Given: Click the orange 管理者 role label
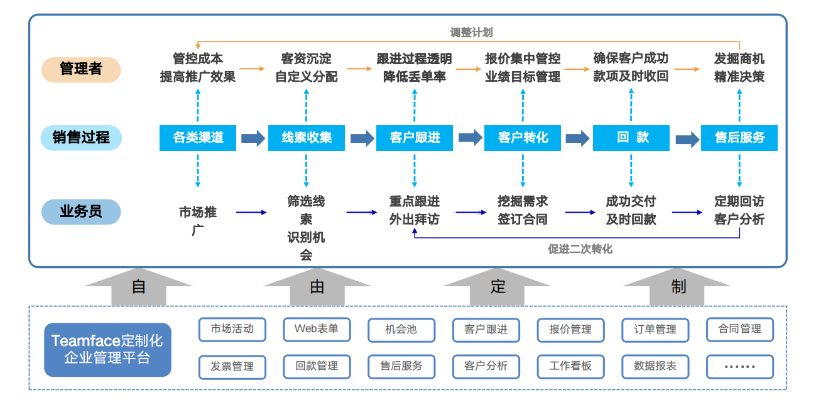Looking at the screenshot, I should [80, 69].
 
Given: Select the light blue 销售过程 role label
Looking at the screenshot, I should [80, 138].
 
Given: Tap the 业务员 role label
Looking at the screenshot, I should [80, 211].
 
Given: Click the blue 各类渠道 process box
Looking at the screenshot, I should [198, 138].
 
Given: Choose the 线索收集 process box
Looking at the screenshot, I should [306, 138].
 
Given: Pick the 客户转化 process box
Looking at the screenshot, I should [523, 138].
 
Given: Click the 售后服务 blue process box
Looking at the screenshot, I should [739, 138].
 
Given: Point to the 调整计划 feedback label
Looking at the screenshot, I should [471, 32].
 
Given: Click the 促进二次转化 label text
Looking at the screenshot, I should [579, 249].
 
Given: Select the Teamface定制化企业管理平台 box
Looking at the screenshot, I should [107, 350].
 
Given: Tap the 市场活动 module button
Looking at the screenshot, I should [232, 329].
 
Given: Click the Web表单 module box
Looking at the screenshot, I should [317, 329].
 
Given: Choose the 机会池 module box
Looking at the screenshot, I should [401, 329].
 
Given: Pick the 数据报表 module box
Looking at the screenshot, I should [655, 366].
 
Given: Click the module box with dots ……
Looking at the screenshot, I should [739, 366].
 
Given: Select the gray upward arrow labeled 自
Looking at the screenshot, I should [139, 286].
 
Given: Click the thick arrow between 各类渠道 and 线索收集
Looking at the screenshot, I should [253, 138].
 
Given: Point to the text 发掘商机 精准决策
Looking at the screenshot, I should [739, 68].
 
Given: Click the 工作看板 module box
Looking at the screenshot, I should [570, 366].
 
